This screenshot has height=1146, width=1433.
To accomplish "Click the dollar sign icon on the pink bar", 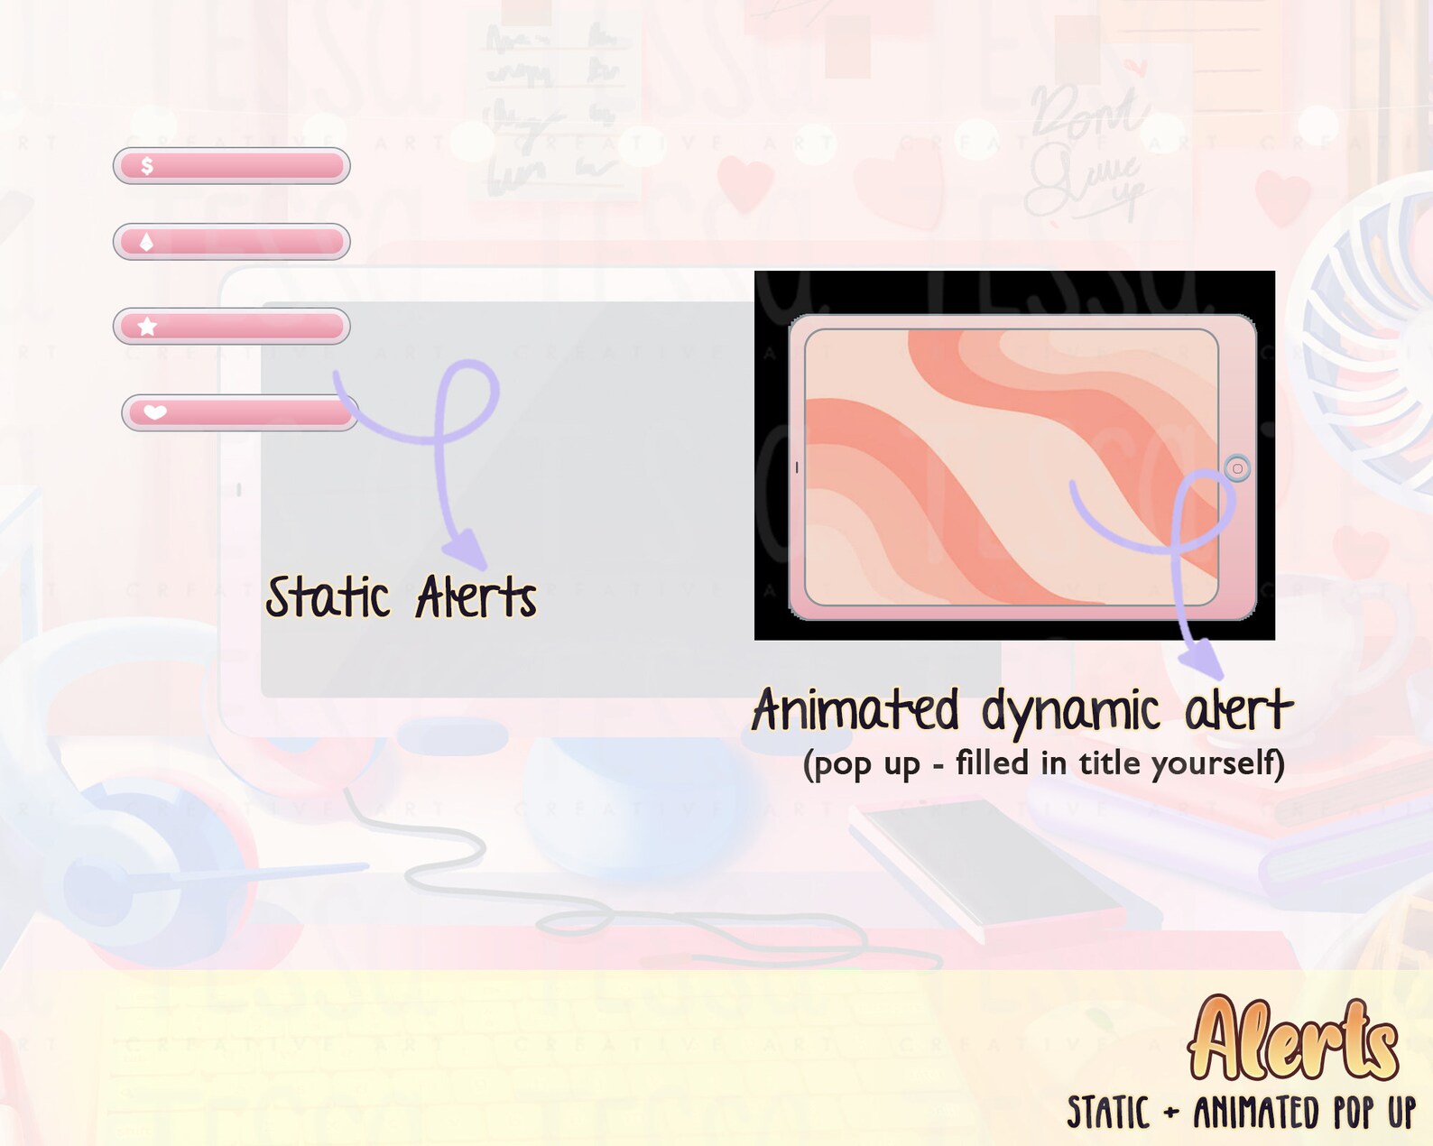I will pos(147,166).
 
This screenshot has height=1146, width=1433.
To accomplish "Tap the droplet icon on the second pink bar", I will pos(146,242).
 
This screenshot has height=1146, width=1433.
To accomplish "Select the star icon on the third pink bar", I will pos(148,327).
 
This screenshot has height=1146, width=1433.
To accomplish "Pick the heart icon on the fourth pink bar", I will pos(155,412).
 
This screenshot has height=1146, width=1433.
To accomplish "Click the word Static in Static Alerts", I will pos(328,597).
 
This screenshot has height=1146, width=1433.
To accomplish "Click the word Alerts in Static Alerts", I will pos(476,597).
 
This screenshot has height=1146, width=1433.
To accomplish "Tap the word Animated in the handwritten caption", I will pos(855,710).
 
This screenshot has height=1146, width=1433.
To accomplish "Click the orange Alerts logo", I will pos(1293,1039).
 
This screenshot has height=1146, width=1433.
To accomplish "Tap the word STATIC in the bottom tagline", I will pos(1108,1113).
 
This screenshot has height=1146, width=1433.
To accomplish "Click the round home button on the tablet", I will pos(1237,468).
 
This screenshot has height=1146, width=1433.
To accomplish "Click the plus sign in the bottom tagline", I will pos(1171,1114).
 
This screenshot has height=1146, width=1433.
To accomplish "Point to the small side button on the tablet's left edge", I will pos(797,467).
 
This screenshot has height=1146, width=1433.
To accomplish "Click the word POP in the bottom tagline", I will pos(1354,1113).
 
